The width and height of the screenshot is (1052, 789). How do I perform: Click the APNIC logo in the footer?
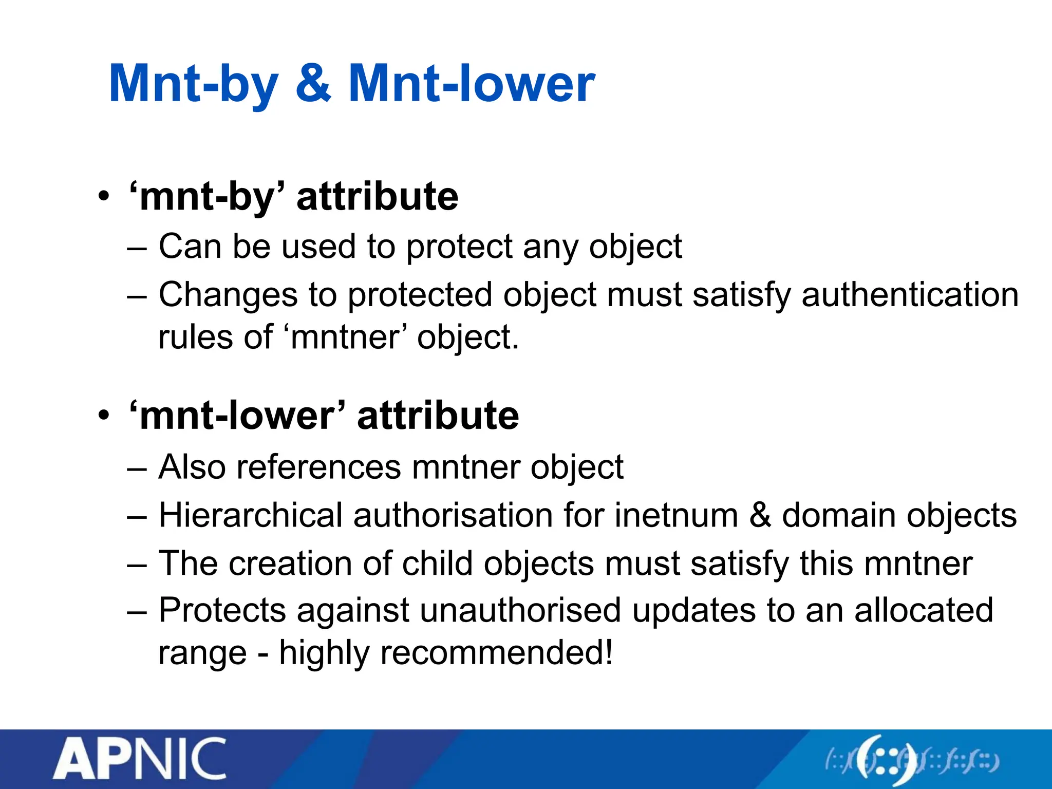pos(140,758)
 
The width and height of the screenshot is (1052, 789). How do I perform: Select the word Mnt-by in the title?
pos(194,85)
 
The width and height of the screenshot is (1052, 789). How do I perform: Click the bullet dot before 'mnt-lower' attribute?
pos(104,416)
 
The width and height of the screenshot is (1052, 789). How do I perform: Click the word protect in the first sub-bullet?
pos(459,247)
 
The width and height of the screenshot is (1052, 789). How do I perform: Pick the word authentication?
pos(910,295)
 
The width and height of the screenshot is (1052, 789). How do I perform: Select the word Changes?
pos(228,296)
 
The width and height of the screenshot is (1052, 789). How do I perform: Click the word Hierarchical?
pos(251,515)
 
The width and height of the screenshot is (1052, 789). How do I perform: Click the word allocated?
pos(923,611)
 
